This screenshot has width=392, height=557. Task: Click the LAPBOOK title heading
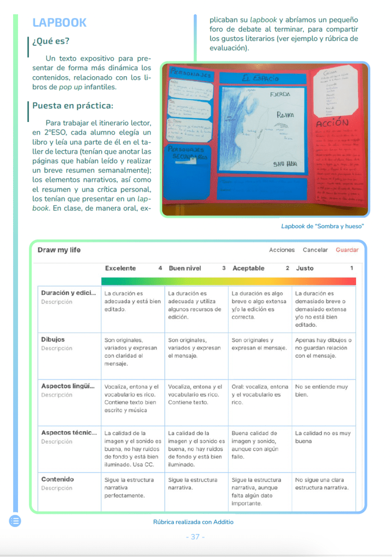(59, 22)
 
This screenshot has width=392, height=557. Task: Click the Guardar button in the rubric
(347, 250)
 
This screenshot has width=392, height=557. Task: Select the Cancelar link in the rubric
(315, 250)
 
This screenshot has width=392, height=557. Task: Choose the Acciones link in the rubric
(282, 250)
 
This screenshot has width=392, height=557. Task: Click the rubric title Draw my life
(59, 250)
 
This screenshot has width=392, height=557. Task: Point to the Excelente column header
(120, 268)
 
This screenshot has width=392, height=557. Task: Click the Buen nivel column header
(185, 268)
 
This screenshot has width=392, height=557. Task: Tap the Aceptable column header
(248, 268)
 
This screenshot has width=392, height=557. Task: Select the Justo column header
(305, 268)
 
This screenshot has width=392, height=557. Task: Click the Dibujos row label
(53, 339)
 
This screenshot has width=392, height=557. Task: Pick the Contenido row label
(58, 479)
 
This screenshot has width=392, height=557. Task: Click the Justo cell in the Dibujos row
(323, 348)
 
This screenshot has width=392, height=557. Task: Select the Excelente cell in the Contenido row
(133, 488)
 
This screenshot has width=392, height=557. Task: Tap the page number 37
(195, 537)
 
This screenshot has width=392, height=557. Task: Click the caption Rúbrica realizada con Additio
(193, 522)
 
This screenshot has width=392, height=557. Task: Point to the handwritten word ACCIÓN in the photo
(332, 124)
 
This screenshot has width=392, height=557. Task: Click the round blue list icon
(15, 521)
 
